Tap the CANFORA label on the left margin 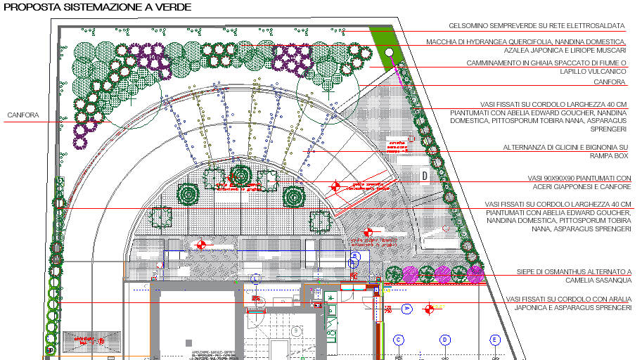click(x=23, y=115)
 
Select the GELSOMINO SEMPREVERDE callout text click(x=537, y=26)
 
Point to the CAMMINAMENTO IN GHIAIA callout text click(x=546, y=67)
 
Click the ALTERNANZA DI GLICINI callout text click(x=565, y=151)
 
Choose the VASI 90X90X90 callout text click(x=579, y=182)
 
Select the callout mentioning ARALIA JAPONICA click(x=568, y=304)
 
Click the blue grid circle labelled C click(x=399, y=340)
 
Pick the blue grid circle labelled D click(x=445, y=340)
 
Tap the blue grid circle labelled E click(x=495, y=340)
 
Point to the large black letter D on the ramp click(x=424, y=174)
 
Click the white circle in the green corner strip click(x=389, y=51)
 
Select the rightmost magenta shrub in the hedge click(x=475, y=273)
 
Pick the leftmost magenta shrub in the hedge click(x=409, y=274)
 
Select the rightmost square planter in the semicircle click(x=321, y=221)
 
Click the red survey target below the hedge click(x=428, y=308)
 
